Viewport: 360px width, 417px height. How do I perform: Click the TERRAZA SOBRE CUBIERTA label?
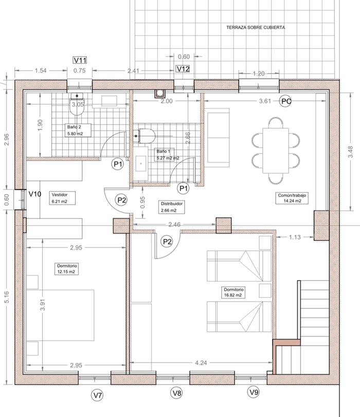tap(256, 27)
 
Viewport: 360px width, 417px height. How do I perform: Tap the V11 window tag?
tap(80, 60)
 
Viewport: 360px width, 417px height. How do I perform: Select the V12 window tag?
tap(183, 69)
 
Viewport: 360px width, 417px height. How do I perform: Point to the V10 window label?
tap(35, 194)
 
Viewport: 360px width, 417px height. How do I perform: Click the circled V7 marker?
tap(98, 395)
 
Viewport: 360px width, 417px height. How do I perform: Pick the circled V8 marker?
tap(177, 392)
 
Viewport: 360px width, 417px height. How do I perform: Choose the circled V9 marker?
tap(254, 392)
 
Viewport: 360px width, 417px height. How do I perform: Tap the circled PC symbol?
tap(285, 101)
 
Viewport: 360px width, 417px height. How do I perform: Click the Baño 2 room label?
tap(78, 130)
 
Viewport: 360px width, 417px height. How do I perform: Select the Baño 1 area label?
tap(165, 155)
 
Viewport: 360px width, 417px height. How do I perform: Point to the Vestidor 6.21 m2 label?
tap(62, 198)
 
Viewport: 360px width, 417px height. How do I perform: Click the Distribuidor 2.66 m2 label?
tap(172, 207)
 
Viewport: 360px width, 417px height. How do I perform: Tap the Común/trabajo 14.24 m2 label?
tap(292, 198)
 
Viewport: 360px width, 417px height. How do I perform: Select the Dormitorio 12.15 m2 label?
tap(66, 269)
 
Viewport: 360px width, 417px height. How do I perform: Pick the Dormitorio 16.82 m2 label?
tap(233, 292)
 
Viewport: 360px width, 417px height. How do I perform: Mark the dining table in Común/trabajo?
tap(276, 150)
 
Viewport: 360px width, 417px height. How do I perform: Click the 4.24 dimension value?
tap(201, 363)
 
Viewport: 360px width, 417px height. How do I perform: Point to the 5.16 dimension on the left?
tap(7, 297)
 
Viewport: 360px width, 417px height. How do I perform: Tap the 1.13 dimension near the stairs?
tap(295, 237)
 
